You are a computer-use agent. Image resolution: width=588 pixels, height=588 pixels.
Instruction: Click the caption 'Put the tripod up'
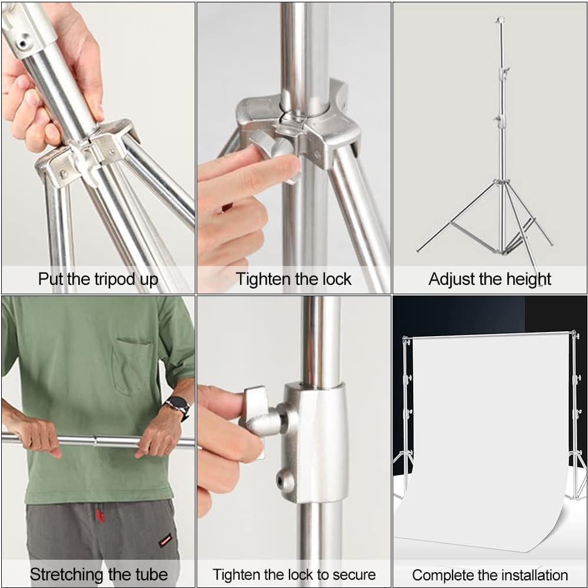click(98, 279)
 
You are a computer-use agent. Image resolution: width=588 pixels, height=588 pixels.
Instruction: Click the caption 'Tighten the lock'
click(293, 279)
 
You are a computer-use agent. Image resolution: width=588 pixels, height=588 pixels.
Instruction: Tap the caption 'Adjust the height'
click(490, 279)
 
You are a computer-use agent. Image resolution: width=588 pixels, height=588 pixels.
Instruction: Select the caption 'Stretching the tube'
click(98, 574)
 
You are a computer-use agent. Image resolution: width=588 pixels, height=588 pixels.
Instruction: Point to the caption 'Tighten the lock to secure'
click(294, 574)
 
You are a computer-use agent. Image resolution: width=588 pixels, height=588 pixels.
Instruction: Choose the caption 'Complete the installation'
click(490, 574)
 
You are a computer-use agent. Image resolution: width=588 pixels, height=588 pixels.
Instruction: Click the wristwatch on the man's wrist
click(177, 405)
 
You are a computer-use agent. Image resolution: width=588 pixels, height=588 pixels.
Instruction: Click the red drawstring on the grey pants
click(100, 516)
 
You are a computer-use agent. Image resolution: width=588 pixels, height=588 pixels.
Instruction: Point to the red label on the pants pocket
click(165, 540)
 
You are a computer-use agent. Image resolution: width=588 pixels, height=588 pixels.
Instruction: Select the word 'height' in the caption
click(523, 279)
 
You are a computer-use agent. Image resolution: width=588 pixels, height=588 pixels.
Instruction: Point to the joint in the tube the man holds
click(95, 441)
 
